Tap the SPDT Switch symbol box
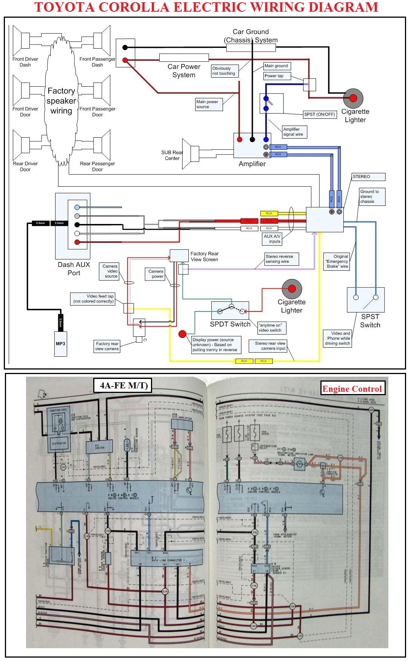230,311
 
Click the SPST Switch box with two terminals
365,300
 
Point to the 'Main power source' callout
209,104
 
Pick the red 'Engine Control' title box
352,389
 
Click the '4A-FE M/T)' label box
123,385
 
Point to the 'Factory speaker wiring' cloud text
61,101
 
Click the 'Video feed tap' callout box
93,299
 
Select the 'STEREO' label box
368,176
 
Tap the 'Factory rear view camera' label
107,346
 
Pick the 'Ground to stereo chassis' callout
372,196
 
